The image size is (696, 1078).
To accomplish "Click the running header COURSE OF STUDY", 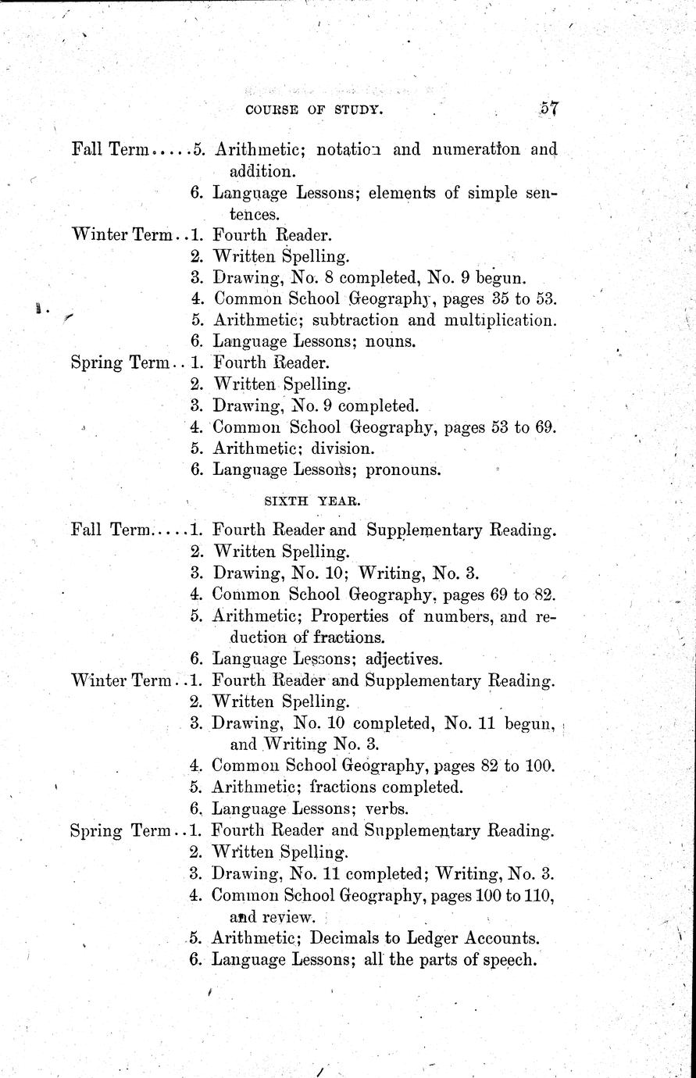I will (314, 110).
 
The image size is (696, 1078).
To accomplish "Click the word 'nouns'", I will (391, 341).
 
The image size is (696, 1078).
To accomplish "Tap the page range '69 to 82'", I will (520, 594).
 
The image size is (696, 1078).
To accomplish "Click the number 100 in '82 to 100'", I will (538, 766).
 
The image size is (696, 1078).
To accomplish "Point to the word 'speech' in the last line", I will (512, 960).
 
